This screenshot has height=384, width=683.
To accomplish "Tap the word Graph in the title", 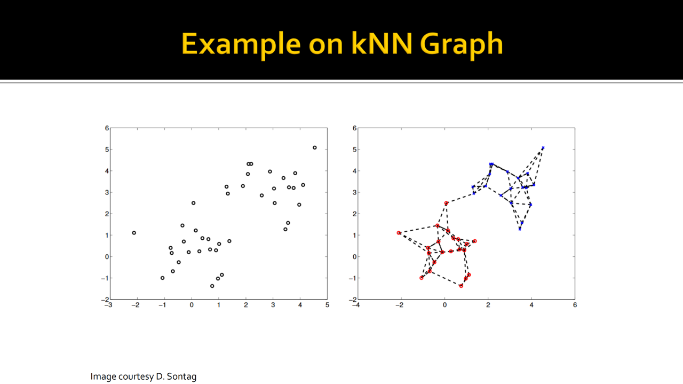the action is (x=462, y=46).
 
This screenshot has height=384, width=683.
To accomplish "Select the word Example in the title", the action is (x=241, y=46).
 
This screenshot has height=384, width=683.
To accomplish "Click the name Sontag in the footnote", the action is (x=181, y=377).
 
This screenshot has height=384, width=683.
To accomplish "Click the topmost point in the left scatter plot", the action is (x=315, y=148).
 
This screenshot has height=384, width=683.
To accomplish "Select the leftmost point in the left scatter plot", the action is (x=134, y=233).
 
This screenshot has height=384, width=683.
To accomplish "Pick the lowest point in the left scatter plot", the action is (x=212, y=286).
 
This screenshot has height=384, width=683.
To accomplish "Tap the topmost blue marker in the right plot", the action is (x=543, y=148).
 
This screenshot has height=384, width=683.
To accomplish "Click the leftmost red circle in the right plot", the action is (x=399, y=233).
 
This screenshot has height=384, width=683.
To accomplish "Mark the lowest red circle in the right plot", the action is (x=461, y=286).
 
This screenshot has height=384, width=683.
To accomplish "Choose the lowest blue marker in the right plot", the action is (x=520, y=229).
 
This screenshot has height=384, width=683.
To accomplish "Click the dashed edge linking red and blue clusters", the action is (x=460, y=199).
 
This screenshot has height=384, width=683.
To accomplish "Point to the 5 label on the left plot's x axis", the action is (x=327, y=305).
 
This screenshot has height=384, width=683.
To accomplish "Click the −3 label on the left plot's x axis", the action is (x=108, y=305).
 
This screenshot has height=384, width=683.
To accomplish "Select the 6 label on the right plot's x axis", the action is (x=575, y=305).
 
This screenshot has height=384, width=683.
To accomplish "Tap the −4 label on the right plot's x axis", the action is (x=356, y=305).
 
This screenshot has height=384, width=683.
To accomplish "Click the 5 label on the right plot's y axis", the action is (x=354, y=150).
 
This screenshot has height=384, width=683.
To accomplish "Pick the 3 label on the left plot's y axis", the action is (x=107, y=192).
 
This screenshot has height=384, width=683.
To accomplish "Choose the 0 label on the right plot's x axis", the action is (x=444, y=305).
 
